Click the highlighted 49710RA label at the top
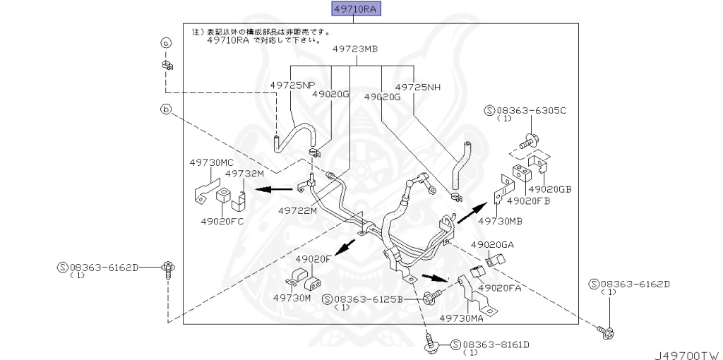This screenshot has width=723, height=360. tap(353, 9)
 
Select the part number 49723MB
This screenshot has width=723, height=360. tap(355, 49)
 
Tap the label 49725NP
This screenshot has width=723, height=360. tap(292, 85)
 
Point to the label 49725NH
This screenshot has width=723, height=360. tap(418, 87)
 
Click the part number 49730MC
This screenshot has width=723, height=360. tap(211, 162)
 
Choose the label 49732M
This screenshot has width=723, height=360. tap(244, 172)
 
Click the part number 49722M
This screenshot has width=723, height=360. tap(297, 210)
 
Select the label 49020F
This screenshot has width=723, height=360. tap(313, 259)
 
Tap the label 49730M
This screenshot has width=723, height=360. tap(292, 298)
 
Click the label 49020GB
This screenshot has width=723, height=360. tap(550, 189)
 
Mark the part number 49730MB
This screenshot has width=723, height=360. tap(500, 221)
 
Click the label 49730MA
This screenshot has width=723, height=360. tap(460, 318)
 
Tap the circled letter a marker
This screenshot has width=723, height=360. tap(166, 43)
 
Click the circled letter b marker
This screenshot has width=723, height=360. tap(166, 109)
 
